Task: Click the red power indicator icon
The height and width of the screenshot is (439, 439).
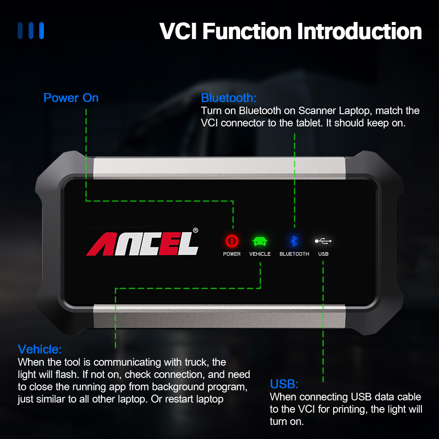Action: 232,241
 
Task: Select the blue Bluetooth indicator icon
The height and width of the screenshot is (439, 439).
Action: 295,241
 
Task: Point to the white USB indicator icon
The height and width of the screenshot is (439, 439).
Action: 324,241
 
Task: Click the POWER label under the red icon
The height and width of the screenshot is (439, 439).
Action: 232,254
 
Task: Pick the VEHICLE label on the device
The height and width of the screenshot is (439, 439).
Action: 260,254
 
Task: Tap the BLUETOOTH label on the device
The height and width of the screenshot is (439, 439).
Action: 294,254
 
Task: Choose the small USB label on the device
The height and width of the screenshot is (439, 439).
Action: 324,254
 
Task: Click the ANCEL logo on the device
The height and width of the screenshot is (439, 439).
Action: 142,244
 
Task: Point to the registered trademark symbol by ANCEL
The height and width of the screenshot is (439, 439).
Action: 195,230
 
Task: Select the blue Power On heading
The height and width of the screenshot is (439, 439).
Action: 71,98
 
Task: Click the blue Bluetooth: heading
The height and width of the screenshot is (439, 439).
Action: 228,97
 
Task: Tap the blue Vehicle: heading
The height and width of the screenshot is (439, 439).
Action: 40,349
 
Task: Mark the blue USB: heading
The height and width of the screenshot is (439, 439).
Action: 284,385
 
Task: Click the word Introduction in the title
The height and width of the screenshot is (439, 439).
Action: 360,32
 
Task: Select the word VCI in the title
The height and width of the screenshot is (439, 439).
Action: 179,32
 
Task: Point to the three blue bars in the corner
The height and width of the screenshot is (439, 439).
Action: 31,31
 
